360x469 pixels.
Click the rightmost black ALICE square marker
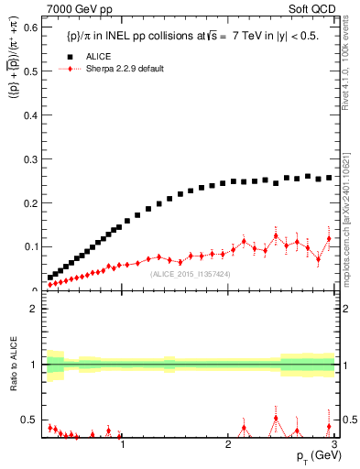330,178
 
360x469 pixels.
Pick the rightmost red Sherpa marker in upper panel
330,239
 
